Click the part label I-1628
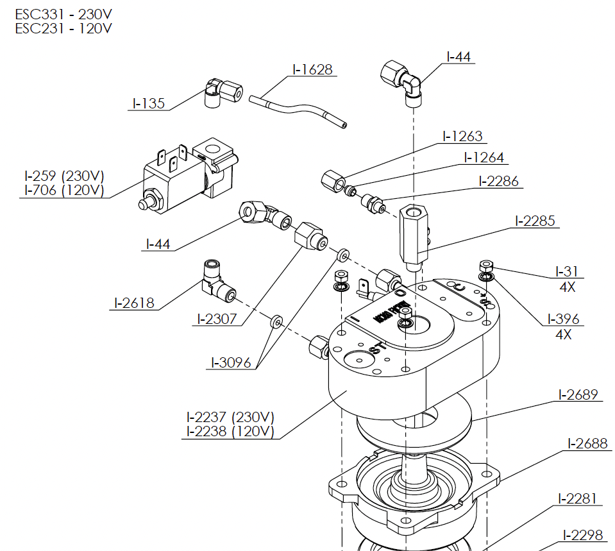(313, 69)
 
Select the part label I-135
(149, 103)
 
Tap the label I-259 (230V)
(64, 176)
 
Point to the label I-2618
(135, 303)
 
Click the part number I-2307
(215, 319)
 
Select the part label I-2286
(498, 181)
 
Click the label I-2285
(535, 221)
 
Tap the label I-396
(563, 319)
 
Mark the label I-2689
(578, 394)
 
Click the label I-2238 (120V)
(230, 432)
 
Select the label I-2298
(583, 534)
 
